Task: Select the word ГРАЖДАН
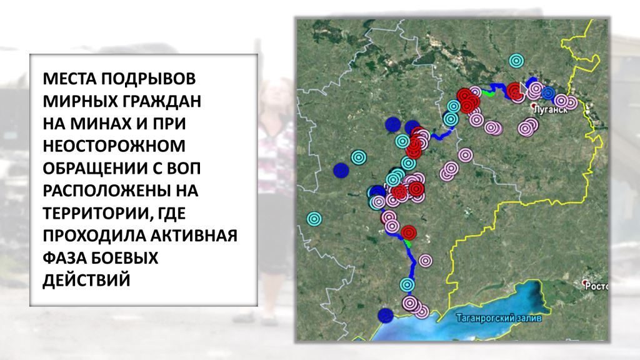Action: [161, 101]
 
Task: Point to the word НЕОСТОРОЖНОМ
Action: [114, 146]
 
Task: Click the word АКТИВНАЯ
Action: [194, 236]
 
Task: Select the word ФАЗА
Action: [64, 258]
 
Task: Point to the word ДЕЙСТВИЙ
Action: [86, 281]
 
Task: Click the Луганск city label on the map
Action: [551, 110]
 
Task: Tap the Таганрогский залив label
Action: [499, 318]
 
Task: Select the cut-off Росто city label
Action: [596, 286]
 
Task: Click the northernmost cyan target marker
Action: [516, 61]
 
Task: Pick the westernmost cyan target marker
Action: [314, 219]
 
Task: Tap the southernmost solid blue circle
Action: [385, 316]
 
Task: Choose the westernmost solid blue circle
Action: [341, 171]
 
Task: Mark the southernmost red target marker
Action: [409, 232]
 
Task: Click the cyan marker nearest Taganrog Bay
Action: [407, 284]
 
